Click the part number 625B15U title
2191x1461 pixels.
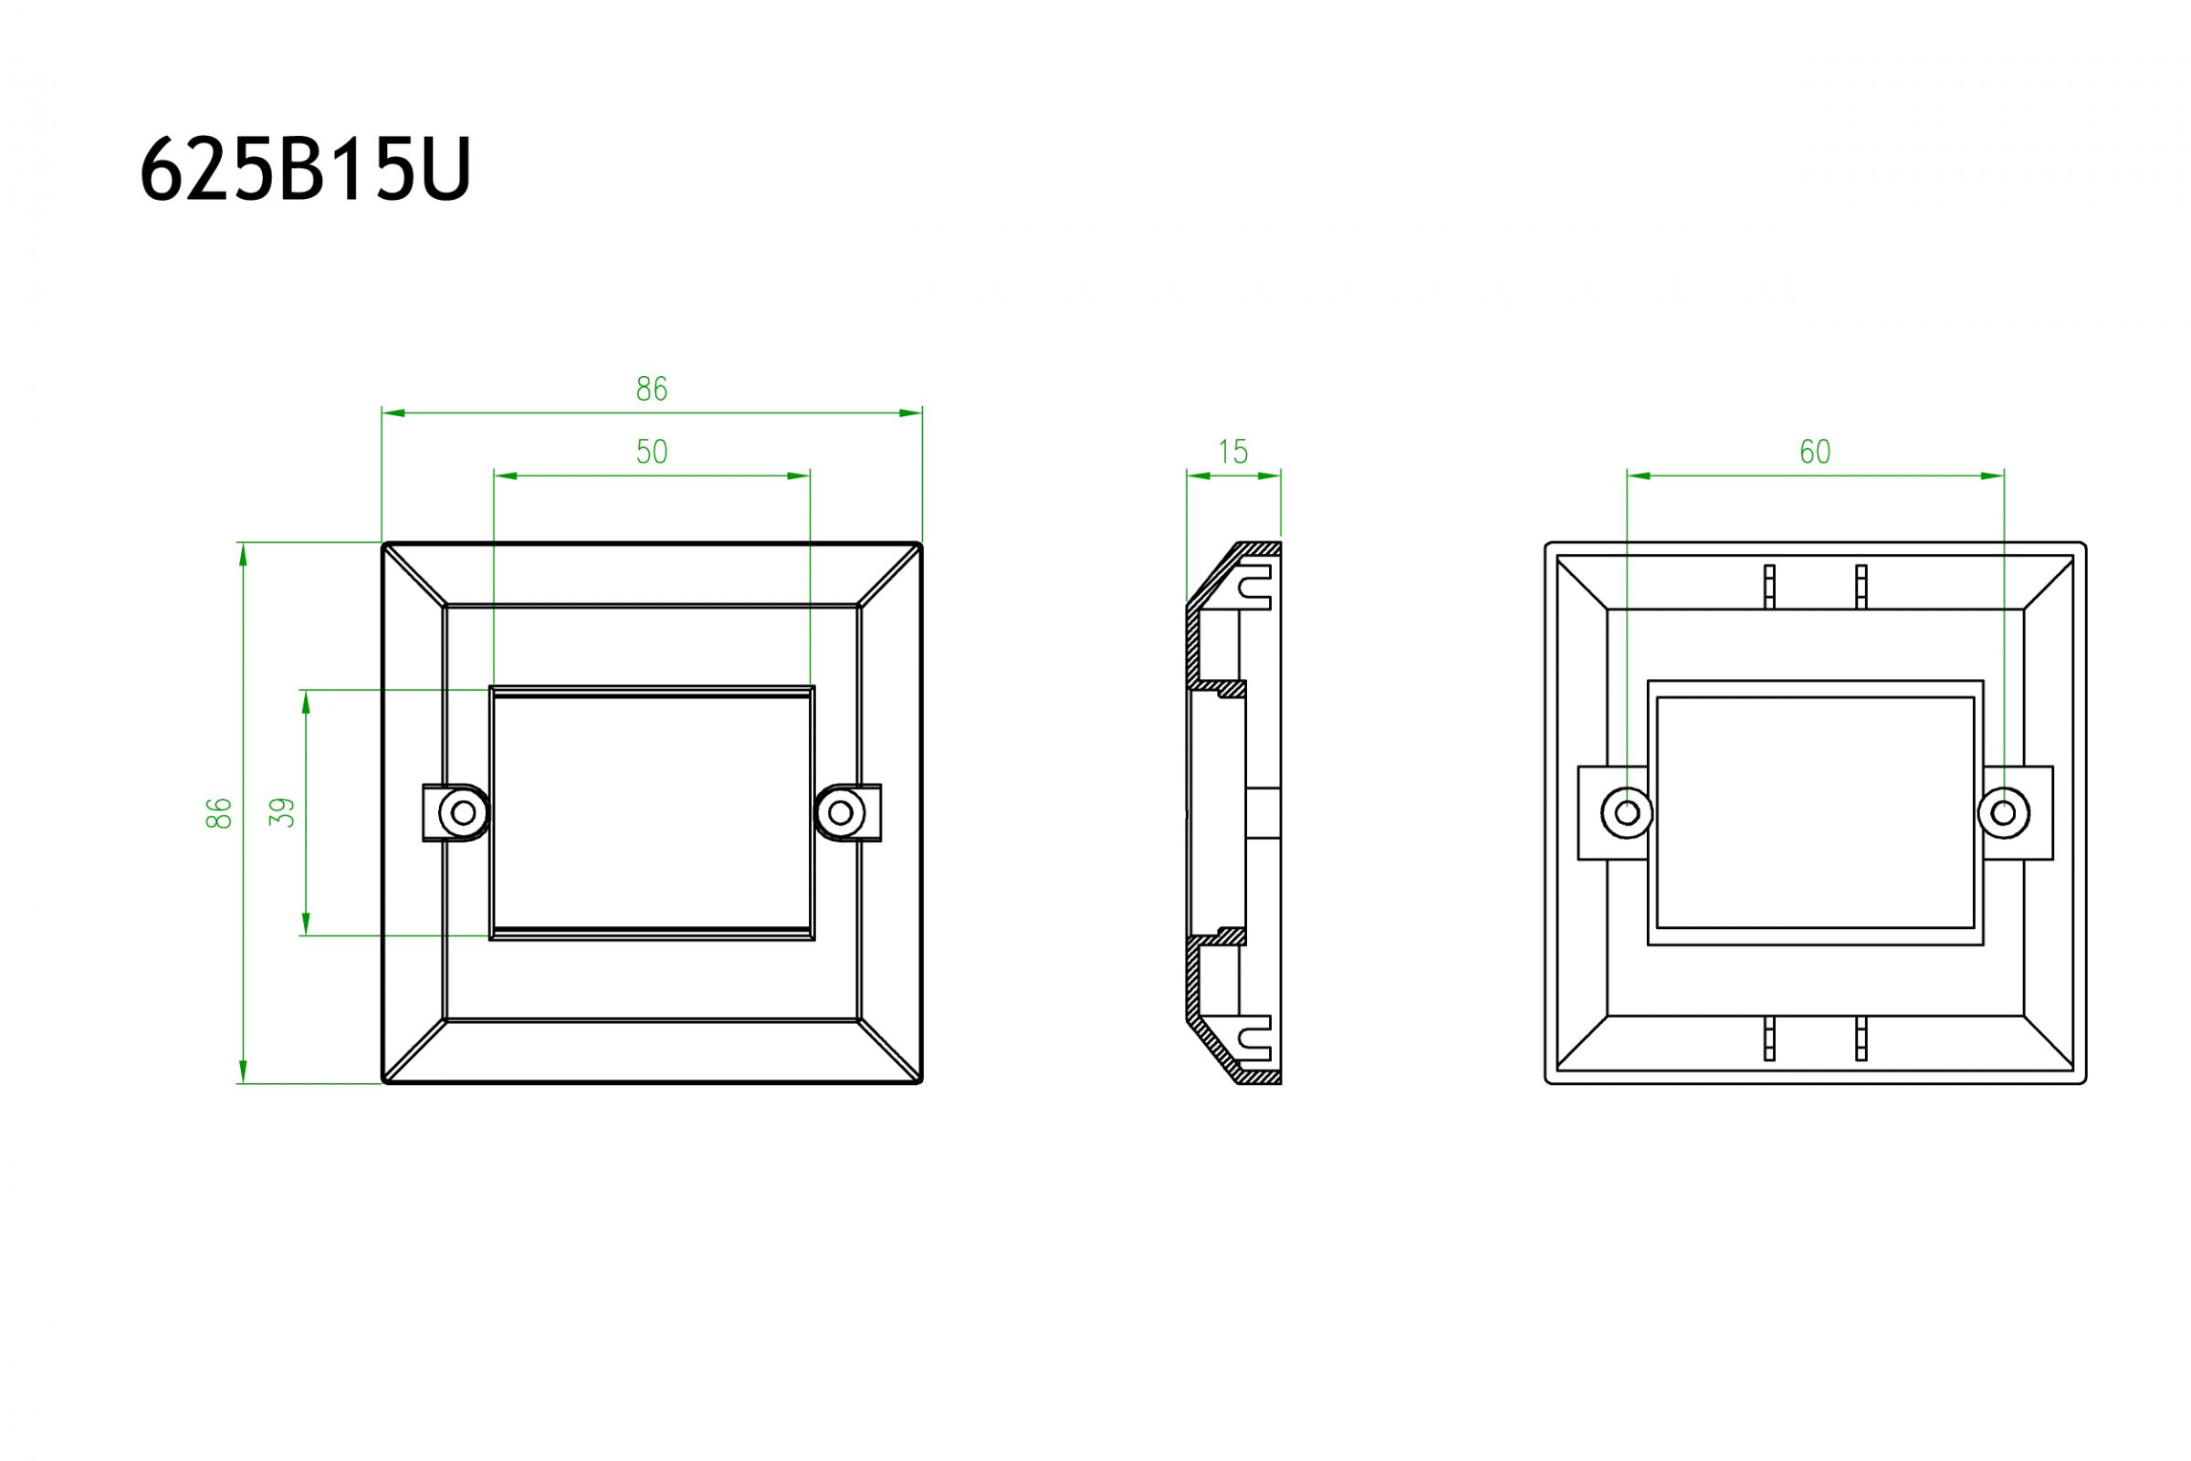305,170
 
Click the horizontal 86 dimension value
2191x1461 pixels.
652,389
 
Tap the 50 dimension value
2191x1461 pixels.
652,452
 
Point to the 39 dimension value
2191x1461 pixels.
281,812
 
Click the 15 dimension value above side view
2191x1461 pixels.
1232,452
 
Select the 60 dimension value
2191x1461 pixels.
1815,452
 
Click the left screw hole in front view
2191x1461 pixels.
463,812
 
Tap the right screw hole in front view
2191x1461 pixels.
840,812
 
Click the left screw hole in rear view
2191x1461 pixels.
1626,812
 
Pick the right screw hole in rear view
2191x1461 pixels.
2003,812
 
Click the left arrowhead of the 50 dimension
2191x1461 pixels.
505,476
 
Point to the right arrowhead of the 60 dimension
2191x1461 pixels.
1992,476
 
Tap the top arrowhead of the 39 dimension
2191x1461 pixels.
306,702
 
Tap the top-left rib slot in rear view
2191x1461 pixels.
1768,586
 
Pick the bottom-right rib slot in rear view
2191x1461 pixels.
1861,1038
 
